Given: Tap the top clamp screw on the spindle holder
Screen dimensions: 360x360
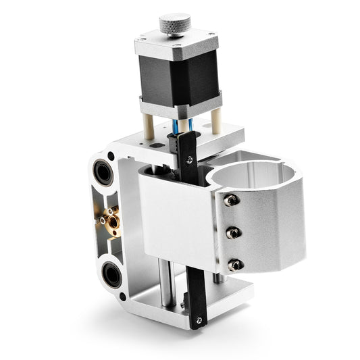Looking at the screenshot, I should tap(230, 201).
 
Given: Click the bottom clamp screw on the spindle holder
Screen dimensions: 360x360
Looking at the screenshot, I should tap(234, 265).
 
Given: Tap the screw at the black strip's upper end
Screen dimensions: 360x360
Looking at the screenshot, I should tap(190, 160).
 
